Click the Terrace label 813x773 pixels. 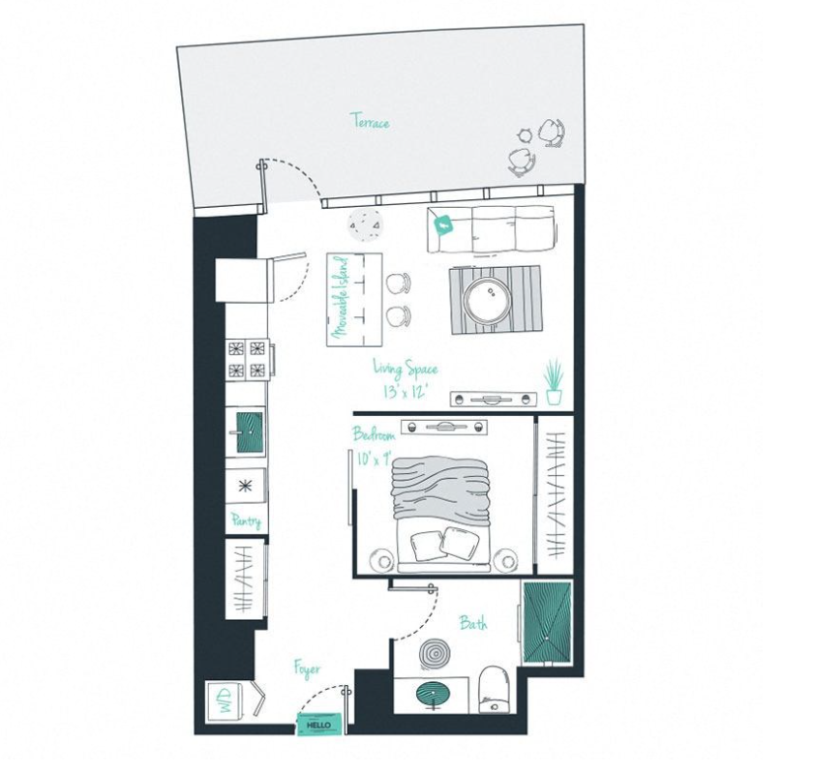pos(372,121)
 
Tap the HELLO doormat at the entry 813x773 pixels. pos(320,725)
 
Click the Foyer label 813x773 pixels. pos(307,669)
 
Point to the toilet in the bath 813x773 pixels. pos(495,689)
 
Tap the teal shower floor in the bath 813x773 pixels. pos(547,622)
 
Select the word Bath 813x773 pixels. pos(473,622)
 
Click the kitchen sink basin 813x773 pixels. pos(251,431)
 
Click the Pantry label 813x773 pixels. pos(246,520)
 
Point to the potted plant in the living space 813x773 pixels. pos(554,381)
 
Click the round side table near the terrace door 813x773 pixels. pos(366,224)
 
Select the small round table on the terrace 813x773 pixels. pos(525,134)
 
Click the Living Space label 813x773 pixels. pos(406,368)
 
